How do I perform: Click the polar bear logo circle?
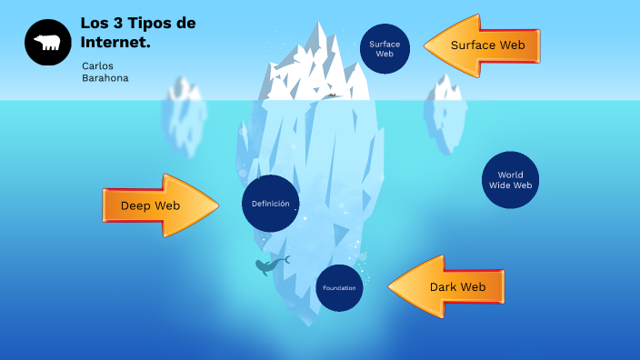(x=47, y=43)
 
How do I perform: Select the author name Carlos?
(x=97, y=65)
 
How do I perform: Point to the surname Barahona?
(x=105, y=78)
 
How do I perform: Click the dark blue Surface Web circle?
(x=385, y=48)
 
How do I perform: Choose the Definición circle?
(x=271, y=204)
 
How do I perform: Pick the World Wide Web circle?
(x=510, y=180)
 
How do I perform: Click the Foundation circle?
(x=339, y=288)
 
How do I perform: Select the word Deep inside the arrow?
(x=135, y=205)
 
